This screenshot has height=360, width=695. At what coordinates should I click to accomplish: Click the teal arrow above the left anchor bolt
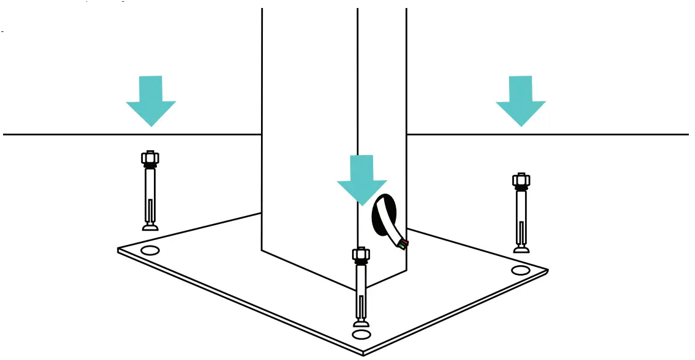click(151, 100)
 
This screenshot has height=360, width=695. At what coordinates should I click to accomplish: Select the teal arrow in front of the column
click(362, 179)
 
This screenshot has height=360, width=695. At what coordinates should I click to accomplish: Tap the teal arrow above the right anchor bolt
click(521, 100)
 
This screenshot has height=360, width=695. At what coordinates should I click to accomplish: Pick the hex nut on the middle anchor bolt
click(361, 254)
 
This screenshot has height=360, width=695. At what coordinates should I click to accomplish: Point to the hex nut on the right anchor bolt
click(521, 181)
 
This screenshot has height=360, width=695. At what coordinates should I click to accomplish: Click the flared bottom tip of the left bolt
click(150, 228)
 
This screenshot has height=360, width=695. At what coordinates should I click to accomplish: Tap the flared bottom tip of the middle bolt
click(361, 324)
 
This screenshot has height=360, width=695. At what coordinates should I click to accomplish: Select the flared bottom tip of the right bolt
click(522, 249)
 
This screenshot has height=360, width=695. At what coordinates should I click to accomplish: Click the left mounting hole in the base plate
click(150, 250)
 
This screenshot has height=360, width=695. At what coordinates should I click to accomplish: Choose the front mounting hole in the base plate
click(361, 335)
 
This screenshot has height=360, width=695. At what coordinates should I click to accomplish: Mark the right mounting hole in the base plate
click(521, 270)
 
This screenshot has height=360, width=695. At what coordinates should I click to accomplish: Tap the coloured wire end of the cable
click(403, 245)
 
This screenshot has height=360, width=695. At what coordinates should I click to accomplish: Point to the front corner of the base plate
click(363, 353)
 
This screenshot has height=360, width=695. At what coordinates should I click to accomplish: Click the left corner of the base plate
click(119, 250)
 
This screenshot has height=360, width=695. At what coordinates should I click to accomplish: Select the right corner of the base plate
click(547, 270)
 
